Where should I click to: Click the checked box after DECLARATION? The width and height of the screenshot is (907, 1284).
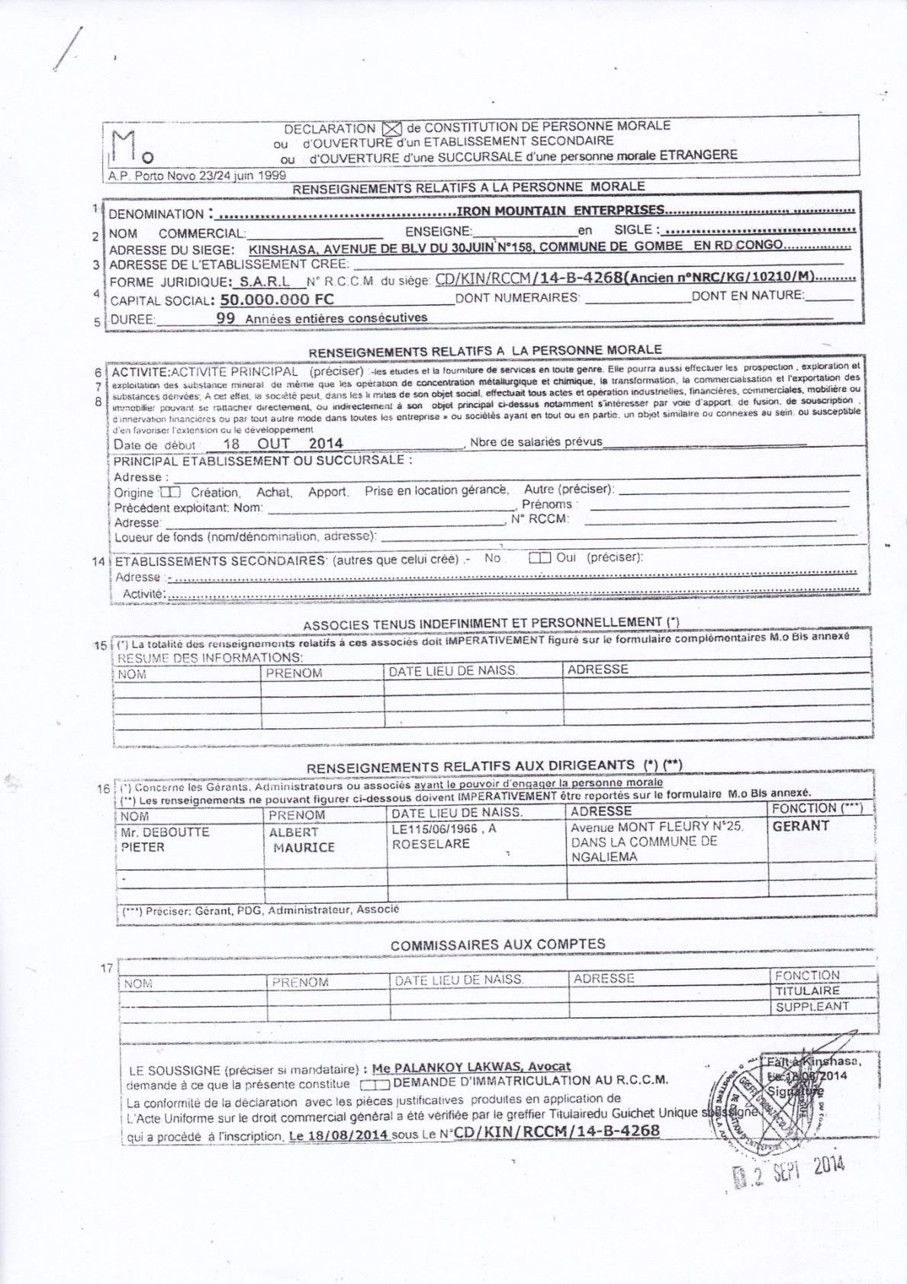[x=391, y=129]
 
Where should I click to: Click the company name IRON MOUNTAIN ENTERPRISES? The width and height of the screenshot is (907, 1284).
[x=561, y=210]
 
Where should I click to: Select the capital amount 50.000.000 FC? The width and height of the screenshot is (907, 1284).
[x=276, y=299]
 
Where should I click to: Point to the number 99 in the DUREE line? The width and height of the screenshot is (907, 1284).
[x=226, y=318]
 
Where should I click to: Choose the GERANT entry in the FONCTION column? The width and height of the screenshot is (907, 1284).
[x=800, y=826]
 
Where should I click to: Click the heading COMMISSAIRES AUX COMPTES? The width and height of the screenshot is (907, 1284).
[x=497, y=944]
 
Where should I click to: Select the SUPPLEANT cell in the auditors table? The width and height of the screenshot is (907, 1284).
[x=812, y=1007]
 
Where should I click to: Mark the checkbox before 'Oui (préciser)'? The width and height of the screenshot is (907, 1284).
[x=539, y=558]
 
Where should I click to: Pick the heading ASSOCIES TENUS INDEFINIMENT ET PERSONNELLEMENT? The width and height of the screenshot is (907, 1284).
[x=490, y=623]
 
